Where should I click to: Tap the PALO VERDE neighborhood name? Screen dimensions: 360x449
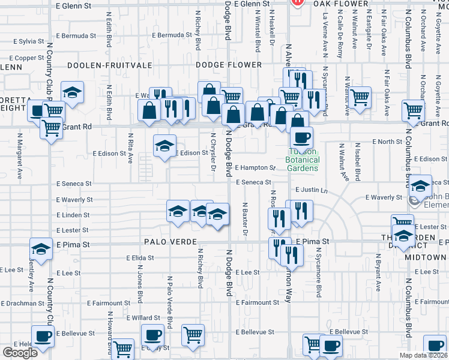tap(171, 241)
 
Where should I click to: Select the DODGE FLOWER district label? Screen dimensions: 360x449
tap(229, 65)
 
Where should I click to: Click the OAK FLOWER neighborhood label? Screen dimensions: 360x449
tap(343, 4)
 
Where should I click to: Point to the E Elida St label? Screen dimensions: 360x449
tap(140, 257)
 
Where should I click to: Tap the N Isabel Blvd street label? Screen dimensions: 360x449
tap(358, 162)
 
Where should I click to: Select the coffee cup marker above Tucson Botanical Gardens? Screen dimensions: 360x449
tap(301, 137)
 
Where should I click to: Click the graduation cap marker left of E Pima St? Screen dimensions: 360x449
tap(41, 248)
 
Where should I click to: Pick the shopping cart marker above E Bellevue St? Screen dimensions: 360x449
tap(193, 334)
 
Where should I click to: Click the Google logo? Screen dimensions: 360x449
tap(20, 353)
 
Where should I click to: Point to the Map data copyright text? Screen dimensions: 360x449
tap(422, 355)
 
